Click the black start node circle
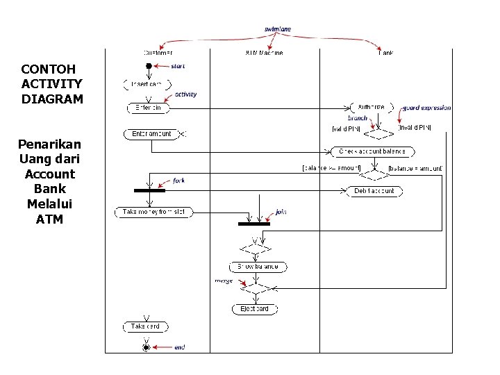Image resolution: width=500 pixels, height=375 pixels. [148, 66]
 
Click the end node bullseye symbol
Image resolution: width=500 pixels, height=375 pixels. [146, 346]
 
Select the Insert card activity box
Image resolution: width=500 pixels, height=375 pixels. [147, 85]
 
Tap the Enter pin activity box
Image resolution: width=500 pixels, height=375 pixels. [148, 108]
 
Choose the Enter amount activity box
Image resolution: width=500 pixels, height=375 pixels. [151, 133]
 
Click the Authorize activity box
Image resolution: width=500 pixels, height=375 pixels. [371, 108]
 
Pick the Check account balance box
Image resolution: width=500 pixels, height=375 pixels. [373, 151]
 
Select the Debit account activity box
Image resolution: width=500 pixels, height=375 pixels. [374, 191]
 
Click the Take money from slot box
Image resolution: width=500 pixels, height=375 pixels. [153, 212]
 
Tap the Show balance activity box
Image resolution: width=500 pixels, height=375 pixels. [258, 267]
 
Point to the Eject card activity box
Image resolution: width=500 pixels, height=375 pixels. [254, 309]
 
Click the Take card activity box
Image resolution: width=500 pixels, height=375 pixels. [146, 326]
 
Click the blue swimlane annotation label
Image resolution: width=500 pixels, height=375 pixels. [278, 29]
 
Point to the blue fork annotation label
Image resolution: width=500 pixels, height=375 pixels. [178, 181]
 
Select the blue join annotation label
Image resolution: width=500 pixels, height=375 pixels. [281, 212]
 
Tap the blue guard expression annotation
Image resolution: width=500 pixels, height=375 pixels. [427, 108]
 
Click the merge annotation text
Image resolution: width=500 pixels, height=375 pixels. [224, 280]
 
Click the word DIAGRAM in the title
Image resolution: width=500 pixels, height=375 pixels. [52, 99]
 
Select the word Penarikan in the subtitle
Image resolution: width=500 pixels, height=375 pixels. [49, 144]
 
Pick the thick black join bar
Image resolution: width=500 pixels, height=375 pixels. [254, 224]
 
